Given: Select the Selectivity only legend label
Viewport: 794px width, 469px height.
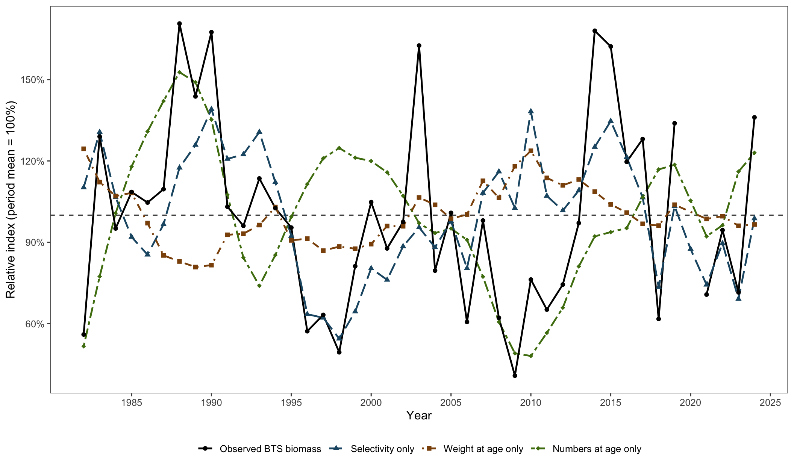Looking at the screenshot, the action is point(382,449).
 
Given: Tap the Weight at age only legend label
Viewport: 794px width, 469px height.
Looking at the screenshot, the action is point(483,449).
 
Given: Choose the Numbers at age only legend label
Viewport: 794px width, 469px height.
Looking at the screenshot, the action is point(597,449).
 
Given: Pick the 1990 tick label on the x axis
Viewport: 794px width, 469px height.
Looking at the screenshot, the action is point(211,403).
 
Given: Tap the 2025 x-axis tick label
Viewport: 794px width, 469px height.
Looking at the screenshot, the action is point(770,403).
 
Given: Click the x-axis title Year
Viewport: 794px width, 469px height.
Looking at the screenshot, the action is point(419,415).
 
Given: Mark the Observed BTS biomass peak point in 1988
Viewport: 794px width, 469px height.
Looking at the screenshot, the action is point(179,24).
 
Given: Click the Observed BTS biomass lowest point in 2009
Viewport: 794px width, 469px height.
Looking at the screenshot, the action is point(515,375).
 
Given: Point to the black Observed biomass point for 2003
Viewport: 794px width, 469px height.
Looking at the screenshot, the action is point(419,46).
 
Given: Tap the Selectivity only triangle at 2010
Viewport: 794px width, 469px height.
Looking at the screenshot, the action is point(531,111).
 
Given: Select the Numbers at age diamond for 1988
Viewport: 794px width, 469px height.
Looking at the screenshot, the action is point(179,72).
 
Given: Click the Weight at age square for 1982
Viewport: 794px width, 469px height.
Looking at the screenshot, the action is point(83,149).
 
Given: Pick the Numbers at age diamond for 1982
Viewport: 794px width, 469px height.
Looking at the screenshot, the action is point(83,346).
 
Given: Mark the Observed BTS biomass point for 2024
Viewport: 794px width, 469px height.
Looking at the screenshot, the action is point(754,118).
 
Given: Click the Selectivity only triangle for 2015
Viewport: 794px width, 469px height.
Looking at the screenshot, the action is point(611,121).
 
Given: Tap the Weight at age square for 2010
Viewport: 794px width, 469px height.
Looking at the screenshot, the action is point(531,151).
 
